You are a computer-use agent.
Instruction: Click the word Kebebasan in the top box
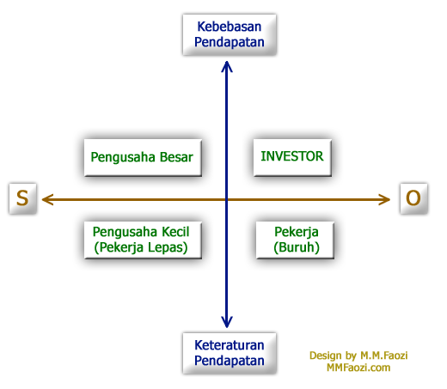pos(230,27)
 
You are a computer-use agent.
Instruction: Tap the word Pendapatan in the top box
pos(230,42)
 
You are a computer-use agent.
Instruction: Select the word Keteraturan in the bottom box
pos(230,345)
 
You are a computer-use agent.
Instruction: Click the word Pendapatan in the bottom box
pos(230,361)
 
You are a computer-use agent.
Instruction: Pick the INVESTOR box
pos(292,157)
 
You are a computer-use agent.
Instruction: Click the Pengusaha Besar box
pos(143,157)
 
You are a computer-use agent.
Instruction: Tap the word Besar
pos(176,157)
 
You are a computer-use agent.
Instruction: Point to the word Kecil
pos(175,232)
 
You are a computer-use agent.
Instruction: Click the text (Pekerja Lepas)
pos(141,247)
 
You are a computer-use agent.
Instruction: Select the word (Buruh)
pos(297,247)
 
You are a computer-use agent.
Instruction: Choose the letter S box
pos(22,198)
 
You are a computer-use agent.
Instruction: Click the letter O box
pos(413,198)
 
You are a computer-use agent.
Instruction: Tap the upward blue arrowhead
pos(227,67)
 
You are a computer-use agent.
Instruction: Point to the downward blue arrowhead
pos(227,322)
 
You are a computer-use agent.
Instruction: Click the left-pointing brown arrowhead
pos(48,199)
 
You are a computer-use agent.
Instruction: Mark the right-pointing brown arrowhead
pos(384,199)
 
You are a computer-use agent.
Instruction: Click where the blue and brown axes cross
pos(227,199)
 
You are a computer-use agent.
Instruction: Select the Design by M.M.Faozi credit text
pos(358,356)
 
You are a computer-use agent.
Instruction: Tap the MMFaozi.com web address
pos(358,368)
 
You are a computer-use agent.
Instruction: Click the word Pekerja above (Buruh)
pos(297,232)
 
